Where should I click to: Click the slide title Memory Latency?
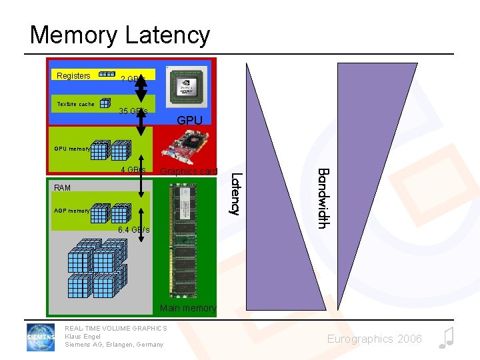[120, 35]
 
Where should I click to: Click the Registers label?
[73, 76]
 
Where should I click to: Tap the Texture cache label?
[75, 104]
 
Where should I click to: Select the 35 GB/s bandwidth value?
[133, 111]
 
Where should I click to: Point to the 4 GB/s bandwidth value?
[133, 170]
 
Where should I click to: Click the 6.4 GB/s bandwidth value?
[133, 230]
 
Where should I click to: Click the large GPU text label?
[190, 121]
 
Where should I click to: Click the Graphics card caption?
[189, 171]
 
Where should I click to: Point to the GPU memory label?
[71, 149]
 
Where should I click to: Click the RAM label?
[62, 188]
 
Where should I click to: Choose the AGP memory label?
[71, 211]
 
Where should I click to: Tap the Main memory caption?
[188, 308]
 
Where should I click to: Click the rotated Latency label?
[235, 193]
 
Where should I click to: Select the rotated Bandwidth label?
[323, 198]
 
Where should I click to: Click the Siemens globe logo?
[41, 337]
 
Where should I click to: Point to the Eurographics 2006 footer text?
[374, 339]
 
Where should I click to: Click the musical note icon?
[447, 338]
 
